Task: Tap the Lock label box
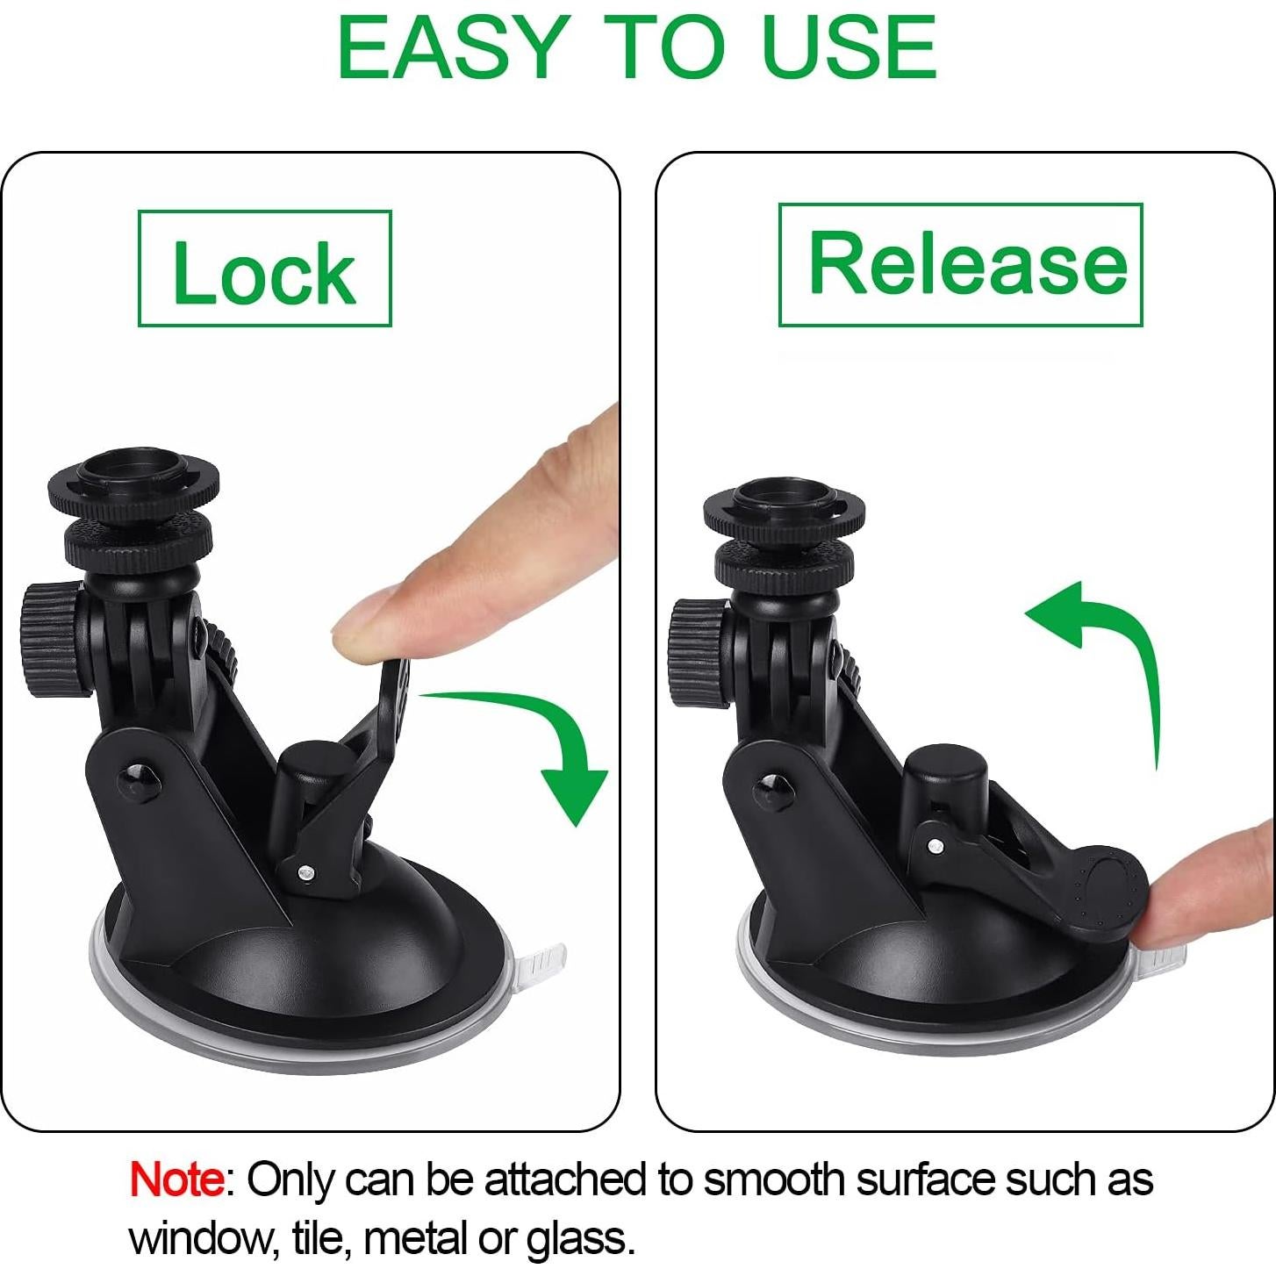tap(264, 269)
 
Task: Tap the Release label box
tap(960, 264)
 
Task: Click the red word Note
tap(176, 1179)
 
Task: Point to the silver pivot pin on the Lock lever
tap(305, 872)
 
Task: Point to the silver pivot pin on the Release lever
tap(935, 846)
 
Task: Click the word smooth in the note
tap(773, 1179)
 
